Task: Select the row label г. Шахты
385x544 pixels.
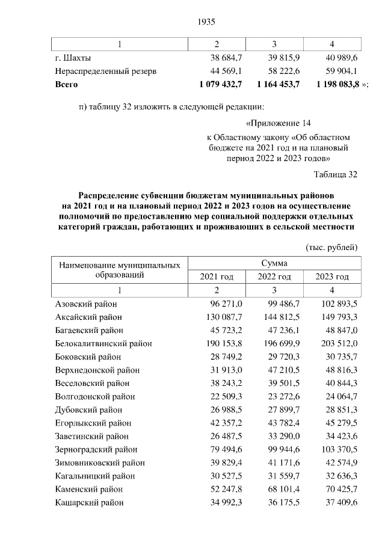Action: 73,58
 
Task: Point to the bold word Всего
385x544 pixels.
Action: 66,85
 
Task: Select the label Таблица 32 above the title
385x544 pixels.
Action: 335,174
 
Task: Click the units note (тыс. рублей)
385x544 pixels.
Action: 332,247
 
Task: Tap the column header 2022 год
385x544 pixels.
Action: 274,277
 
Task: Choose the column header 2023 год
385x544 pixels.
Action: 332,277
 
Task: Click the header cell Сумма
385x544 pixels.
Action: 274,263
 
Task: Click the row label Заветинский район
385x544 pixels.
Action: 91,436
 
